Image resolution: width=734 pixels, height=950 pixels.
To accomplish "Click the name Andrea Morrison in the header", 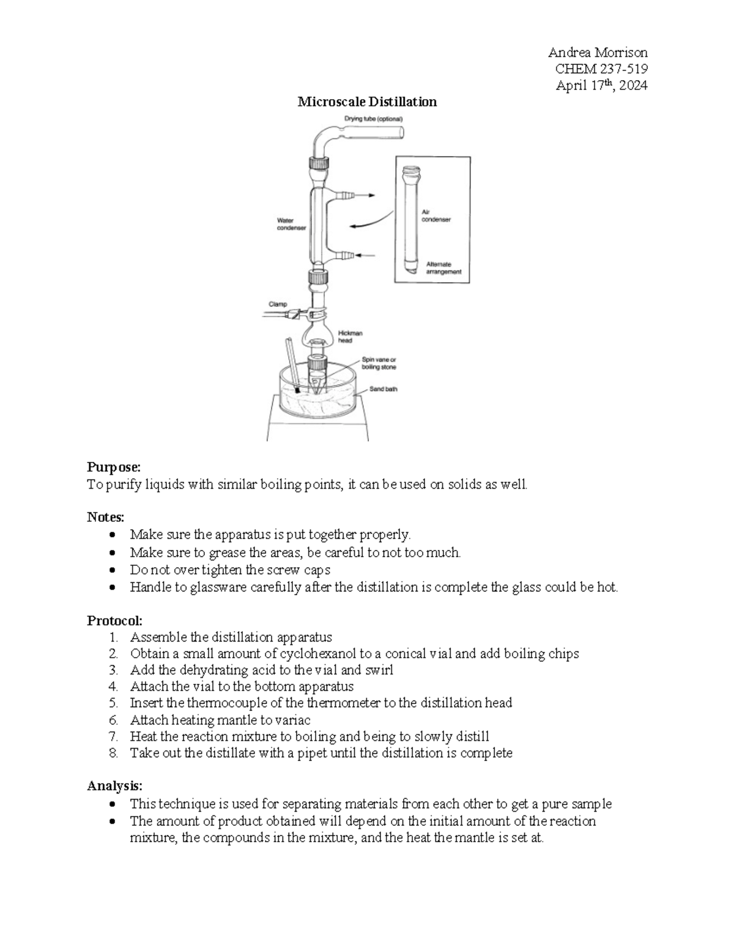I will point(598,52).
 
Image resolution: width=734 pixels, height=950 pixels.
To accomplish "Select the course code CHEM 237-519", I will point(601,69).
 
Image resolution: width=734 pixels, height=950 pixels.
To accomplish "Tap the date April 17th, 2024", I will point(601,85).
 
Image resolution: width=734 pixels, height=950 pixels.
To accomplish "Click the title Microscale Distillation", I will point(367,102).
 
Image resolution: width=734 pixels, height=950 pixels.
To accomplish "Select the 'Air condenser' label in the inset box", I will point(436,215).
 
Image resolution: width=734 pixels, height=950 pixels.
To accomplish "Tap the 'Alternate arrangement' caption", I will point(443,268).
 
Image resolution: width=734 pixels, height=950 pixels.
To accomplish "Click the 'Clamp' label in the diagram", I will point(278,304).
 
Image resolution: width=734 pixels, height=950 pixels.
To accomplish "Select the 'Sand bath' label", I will point(383,389).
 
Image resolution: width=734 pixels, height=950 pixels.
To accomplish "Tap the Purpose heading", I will point(114,467).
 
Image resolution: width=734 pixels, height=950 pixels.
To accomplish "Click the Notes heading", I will point(105,517).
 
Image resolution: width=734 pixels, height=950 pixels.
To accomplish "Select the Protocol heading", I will point(114,620).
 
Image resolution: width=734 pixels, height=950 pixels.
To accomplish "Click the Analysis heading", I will point(114,785).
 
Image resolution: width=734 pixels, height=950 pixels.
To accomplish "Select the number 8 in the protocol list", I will point(113,753).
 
